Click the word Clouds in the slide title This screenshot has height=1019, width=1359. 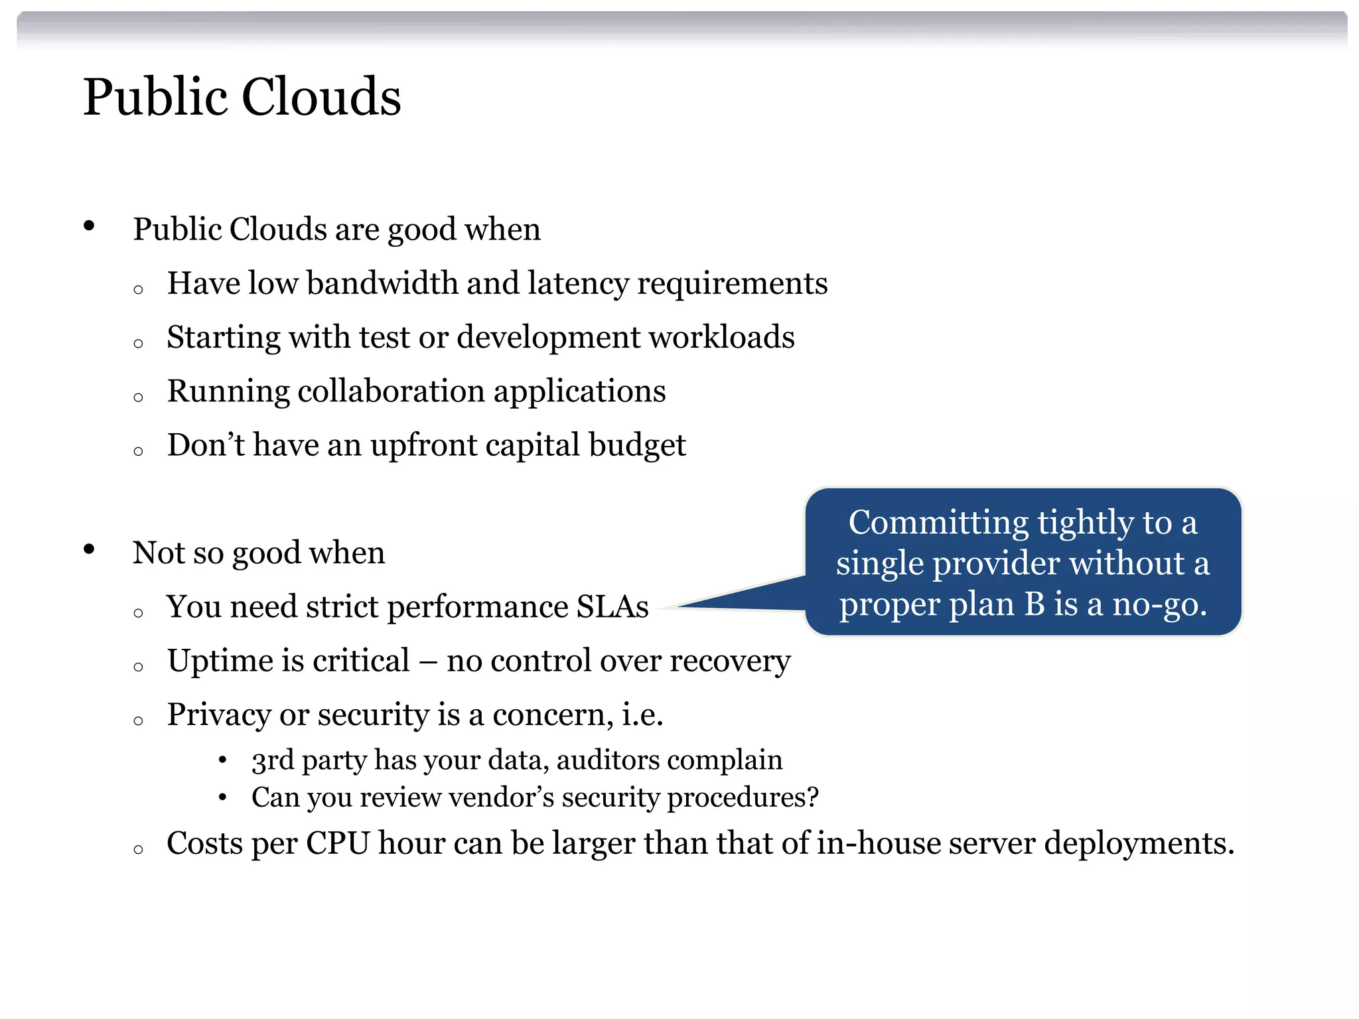point(321,97)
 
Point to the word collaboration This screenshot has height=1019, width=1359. point(392,391)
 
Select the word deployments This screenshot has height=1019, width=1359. point(1139,844)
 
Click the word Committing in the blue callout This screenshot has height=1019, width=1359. point(938,523)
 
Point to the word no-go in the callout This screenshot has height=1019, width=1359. point(1159,604)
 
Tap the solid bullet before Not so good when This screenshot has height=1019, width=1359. point(89,549)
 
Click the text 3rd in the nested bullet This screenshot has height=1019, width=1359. point(272,760)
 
